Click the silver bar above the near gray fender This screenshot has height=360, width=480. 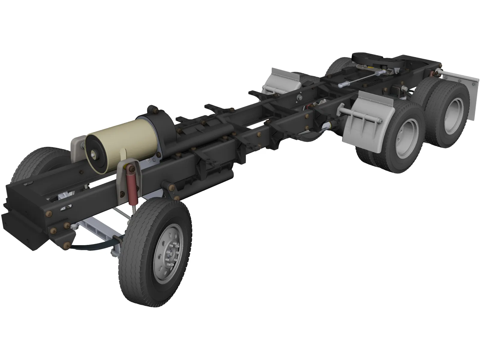[x=360, y=113]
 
